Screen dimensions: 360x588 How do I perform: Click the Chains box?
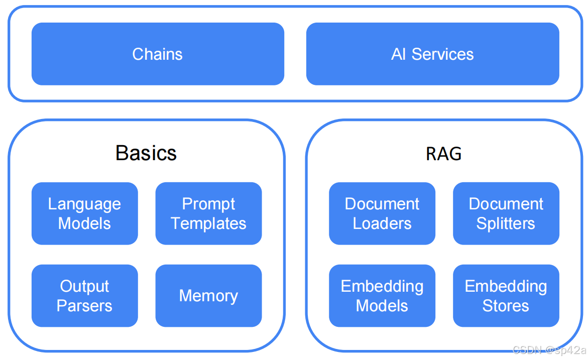click(x=158, y=54)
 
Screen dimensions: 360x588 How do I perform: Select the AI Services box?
click(x=432, y=54)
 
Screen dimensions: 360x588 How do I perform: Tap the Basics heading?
click(x=146, y=153)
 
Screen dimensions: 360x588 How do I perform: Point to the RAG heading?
click(x=443, y=154)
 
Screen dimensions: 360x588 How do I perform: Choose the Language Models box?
click(x=84, y=213)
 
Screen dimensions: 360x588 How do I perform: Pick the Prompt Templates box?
click(x=208, y=213)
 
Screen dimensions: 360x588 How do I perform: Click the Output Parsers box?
click(x=84, y=296)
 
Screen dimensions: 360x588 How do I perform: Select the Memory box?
click(x=208, y=296)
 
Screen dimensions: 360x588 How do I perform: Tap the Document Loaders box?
click(x=382, y=213)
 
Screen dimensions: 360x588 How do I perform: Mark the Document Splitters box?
click(x=506, y=213)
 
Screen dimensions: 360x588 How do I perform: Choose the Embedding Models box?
click(x=382, y=296)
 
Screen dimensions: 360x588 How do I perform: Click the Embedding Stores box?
click(x=506, y=296)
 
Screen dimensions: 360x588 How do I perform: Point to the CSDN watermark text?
click(x=549, y=350)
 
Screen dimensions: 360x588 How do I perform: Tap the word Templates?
click(x=208, y=223)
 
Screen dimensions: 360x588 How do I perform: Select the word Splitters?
click(x=506, y=223)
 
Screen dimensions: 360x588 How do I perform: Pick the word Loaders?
click(x=382, y=223)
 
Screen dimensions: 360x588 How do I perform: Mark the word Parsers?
click(x=84, y=306)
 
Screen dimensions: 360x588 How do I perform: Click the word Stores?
click(x=506, y=306)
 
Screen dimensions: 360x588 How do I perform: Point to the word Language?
click(x=84, y=204)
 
